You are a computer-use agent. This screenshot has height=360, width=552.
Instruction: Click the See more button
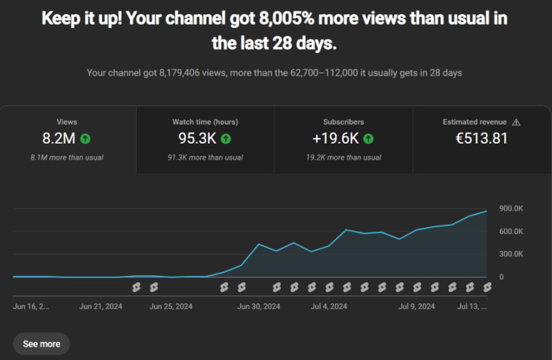(x=41, y=344)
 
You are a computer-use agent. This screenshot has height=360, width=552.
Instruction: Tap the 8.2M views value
(x=59, y=139)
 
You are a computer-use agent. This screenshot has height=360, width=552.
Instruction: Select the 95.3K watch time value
(x=197, y=139)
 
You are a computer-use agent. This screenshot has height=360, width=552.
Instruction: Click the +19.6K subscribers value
(x=336, y=139)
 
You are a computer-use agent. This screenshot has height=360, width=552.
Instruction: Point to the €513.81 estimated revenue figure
(x=481, y=139)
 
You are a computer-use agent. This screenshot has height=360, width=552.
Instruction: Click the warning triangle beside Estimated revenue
(x=516, y=122)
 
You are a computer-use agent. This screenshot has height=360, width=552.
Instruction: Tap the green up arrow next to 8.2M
(x=85, y=139)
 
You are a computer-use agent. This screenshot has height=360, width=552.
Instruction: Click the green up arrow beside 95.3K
(x=226, y=139)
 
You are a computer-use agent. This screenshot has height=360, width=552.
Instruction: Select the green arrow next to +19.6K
(x=368, y=139)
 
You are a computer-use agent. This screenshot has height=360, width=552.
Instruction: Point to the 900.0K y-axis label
(x=511, y=209)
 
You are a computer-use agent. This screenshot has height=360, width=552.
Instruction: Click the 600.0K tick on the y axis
(x=511, y=232)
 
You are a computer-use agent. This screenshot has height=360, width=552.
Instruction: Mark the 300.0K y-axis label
(x=511, y=254)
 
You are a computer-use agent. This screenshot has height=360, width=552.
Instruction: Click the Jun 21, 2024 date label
(x=101, y=306)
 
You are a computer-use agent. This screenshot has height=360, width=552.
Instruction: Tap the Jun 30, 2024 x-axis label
(x=259, y=306)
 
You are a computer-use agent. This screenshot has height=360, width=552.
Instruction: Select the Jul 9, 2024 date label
(x=416, y=306)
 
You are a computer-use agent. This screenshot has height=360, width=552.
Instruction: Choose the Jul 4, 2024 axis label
(x=329, y=306)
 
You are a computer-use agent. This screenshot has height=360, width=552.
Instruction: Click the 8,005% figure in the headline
(x=286, y=18)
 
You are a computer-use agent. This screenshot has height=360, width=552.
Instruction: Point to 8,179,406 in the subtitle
(x=179, y=73)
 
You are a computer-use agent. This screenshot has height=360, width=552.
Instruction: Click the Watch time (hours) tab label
(x=205, y=122)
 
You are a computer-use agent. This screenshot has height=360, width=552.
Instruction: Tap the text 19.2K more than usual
(x=343, y=157)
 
